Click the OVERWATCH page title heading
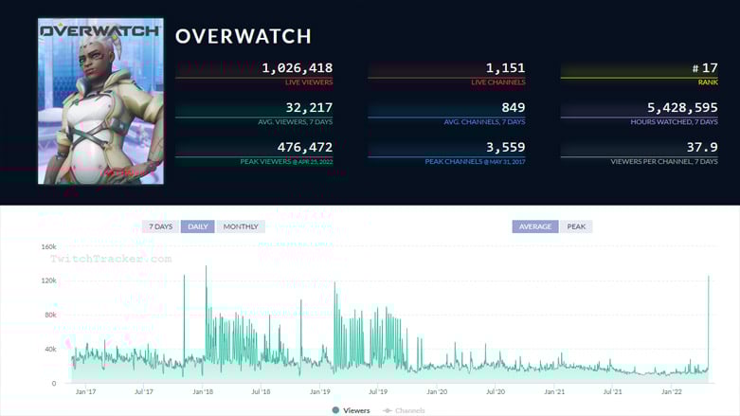click(243, 37)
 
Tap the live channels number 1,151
click(505, 68)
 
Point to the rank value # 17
click(703, 68)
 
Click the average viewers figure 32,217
click(304, 108)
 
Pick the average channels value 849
click(512, 108)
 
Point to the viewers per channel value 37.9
click(701, 148)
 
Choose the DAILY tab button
click(198, 226)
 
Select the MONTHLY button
click(241, 226)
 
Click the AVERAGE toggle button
click(535, 226)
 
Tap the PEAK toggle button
click(576, 226)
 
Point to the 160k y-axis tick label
click(47, 246)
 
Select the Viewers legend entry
click(351, 410)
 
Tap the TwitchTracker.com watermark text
click(111, 258)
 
